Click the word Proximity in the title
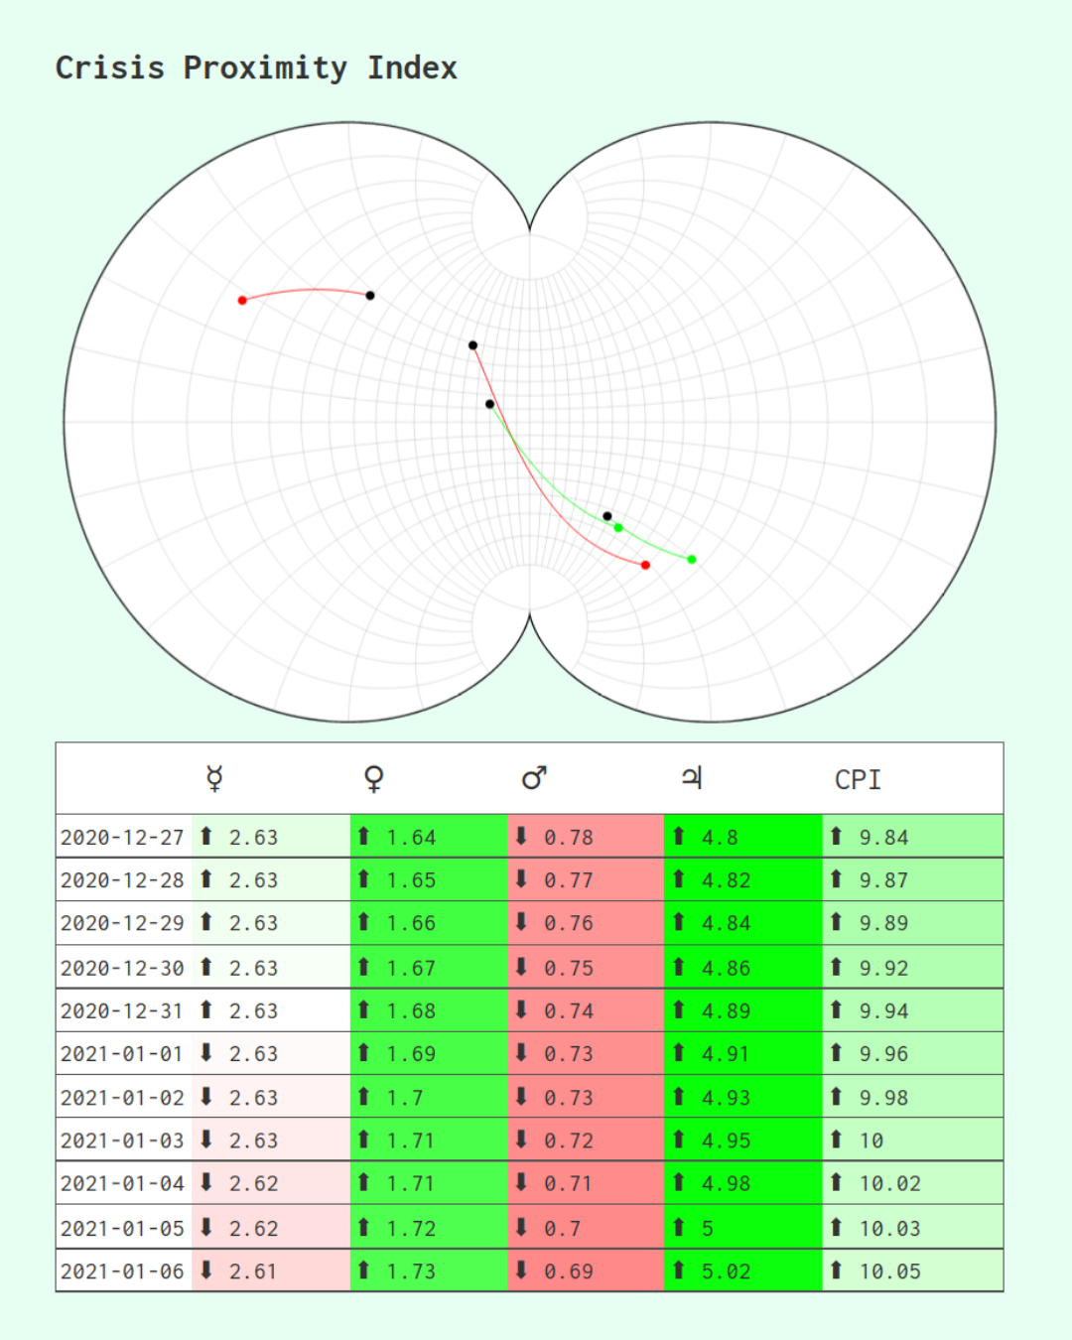265,67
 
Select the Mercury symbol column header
214,778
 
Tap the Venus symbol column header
373,778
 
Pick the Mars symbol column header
534,778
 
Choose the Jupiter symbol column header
692,778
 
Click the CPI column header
858,780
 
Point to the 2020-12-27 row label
122,838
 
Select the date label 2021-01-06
122,1272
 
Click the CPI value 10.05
890,1272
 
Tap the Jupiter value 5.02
727,1272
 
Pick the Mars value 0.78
569,838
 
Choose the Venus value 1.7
405,1098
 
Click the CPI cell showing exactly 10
871,1141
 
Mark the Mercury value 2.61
254,1272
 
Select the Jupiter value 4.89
727,1011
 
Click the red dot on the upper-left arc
242,300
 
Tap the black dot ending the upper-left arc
370,295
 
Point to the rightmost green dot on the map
692,560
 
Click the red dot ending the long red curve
645,565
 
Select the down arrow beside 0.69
521,1270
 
